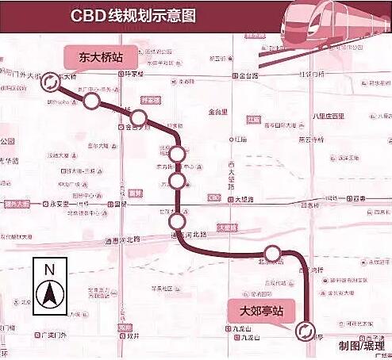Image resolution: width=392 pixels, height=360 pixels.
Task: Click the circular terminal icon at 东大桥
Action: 50,81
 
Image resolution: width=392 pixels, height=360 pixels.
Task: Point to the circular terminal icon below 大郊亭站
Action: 302,330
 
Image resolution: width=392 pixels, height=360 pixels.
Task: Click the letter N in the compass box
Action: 48,270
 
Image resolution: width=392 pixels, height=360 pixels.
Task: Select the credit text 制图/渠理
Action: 360,346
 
